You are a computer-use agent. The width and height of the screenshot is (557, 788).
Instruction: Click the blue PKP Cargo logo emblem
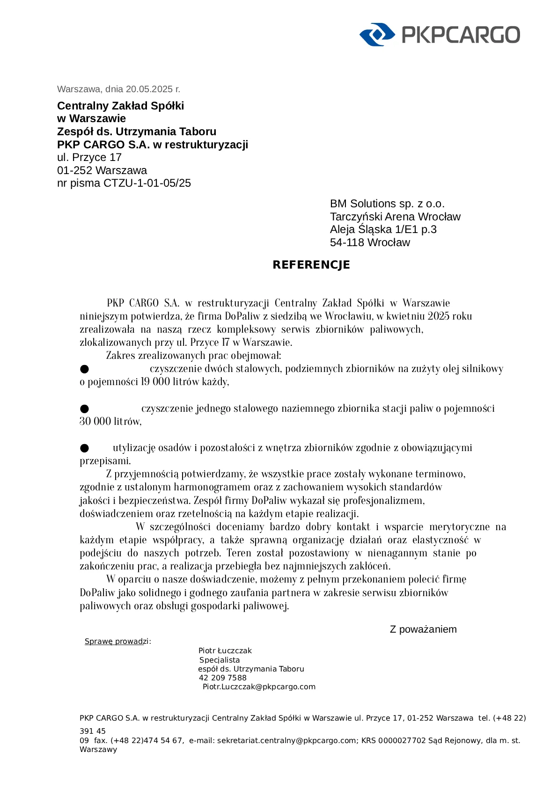pyautogui.click(x=377, y=34)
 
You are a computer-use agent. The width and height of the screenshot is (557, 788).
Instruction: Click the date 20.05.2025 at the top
pyautogui.click(x=149, y=89)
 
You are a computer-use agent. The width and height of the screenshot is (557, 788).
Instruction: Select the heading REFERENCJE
pyautogui.click(x=311, y=265)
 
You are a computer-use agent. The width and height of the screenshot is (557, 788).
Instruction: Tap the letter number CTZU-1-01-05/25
pyautogui.click(x=147, y=183)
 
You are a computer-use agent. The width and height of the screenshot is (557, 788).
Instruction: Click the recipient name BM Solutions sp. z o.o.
pyautogui.click(x=387, y=204)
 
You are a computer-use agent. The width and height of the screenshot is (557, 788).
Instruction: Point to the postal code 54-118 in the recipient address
pyautogui.click(x=347, y=242)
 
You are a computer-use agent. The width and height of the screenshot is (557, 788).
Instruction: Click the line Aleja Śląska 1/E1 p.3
pyautogui.click(x=383, y=229)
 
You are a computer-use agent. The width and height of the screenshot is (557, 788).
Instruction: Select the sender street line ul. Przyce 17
pyautogui.click(x=89, y=157)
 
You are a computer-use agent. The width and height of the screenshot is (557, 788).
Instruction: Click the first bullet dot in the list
pyautogui.click(x=84, y=369)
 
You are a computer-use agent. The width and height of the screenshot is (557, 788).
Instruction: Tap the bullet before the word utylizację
pyautogui.click(x=84, y=448)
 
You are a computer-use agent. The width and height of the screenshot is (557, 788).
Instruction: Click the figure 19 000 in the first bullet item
pyautogui.click(x=155, y=382)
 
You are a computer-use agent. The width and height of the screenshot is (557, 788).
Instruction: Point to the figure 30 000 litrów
pyautogui.click(x=110, y=422)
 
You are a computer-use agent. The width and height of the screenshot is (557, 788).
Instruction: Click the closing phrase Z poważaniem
pyautogui.click(x=423, y=629)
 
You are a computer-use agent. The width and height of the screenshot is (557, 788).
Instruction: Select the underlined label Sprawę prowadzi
pyautogui.click(x=117, y=642)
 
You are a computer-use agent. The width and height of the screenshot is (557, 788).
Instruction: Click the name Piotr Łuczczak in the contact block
pyautogui.click(x=225, y=651)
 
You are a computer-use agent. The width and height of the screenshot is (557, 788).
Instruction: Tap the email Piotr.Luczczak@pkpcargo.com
pyautogui.click(x=259, y=687)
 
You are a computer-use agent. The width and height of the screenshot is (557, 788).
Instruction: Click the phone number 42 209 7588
pyautogui.click(x=222, y=678)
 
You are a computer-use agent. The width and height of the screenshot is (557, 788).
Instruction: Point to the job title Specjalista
pyautogui.click(x=220, y=660)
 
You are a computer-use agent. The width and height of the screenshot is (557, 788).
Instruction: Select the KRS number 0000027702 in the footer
pyautogui.click(x=402, y=741)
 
